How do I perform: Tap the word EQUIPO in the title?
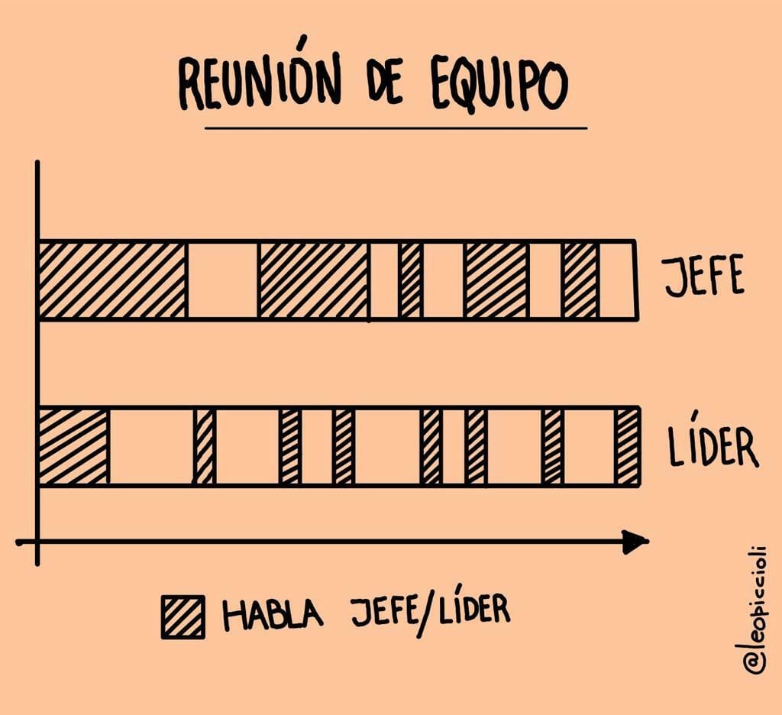tap(499, 82)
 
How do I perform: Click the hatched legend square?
tap(183, 616)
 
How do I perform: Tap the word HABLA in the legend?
tap(273, 613)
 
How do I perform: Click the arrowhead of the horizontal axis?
tap(635, 542)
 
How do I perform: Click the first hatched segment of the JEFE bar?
tap(112, 280)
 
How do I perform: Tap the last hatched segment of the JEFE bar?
tap(580, 280)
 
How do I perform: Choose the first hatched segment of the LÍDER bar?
tap(73, 446)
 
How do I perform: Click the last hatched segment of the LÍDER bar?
tap(627, 446)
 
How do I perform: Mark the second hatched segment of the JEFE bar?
tap(313, 280)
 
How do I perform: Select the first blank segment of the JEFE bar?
tap(222, 280)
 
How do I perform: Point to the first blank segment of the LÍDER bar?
tap(150, 446)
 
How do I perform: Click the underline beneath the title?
tap(396, 128)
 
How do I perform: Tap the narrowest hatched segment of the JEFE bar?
tap(411, 280)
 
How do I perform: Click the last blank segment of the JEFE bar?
tap(617, 280)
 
